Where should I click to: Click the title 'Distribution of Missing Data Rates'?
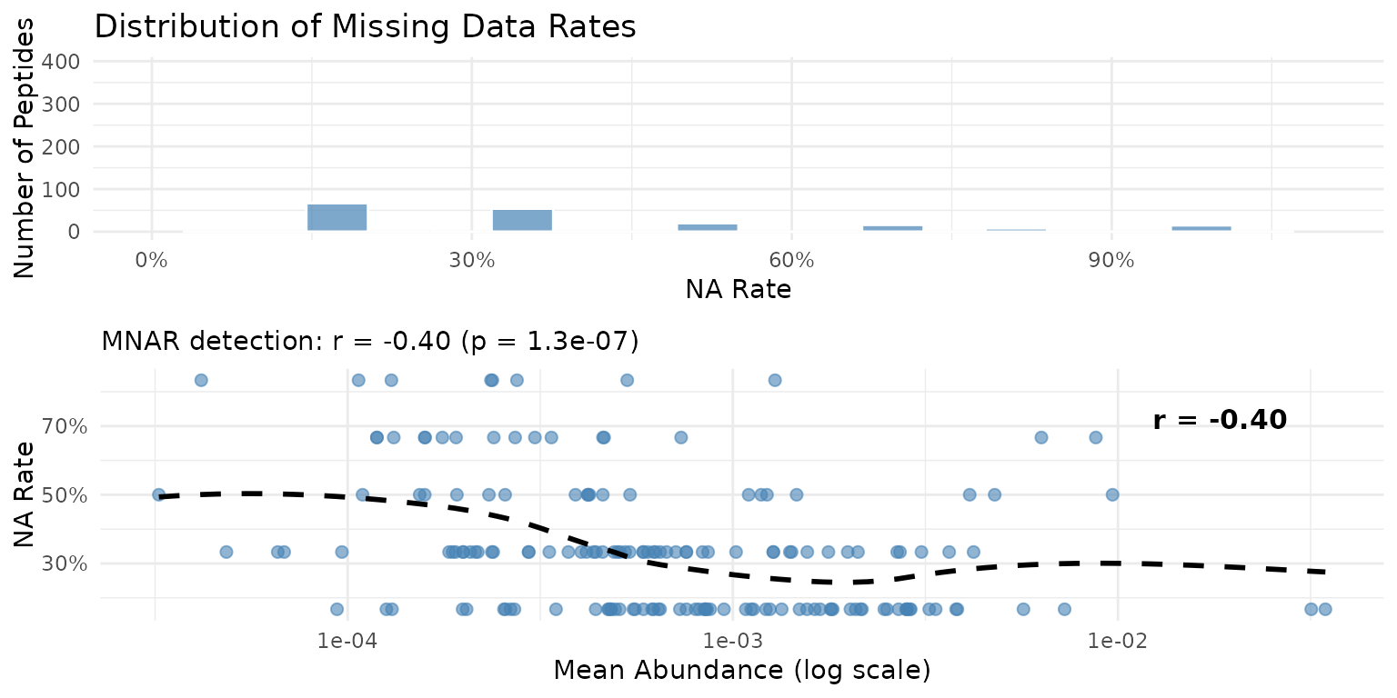(365, 26)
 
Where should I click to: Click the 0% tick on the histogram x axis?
(151, 260)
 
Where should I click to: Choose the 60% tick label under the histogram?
(791, 260)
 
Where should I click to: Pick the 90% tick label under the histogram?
(1111, 260)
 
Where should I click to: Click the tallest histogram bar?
(337, 218)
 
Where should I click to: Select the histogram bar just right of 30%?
(522, 221)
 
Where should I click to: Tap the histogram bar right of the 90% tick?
(1201, 228)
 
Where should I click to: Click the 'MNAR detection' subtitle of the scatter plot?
(370, 342)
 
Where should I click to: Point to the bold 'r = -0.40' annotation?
(1219, 420)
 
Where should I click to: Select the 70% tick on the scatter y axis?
(66, 426)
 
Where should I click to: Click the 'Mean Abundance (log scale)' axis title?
(741, 672)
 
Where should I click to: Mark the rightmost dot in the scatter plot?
(1325, 609)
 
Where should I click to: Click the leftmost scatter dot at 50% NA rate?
(158, 494)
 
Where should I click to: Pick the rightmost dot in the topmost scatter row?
(775, 380)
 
